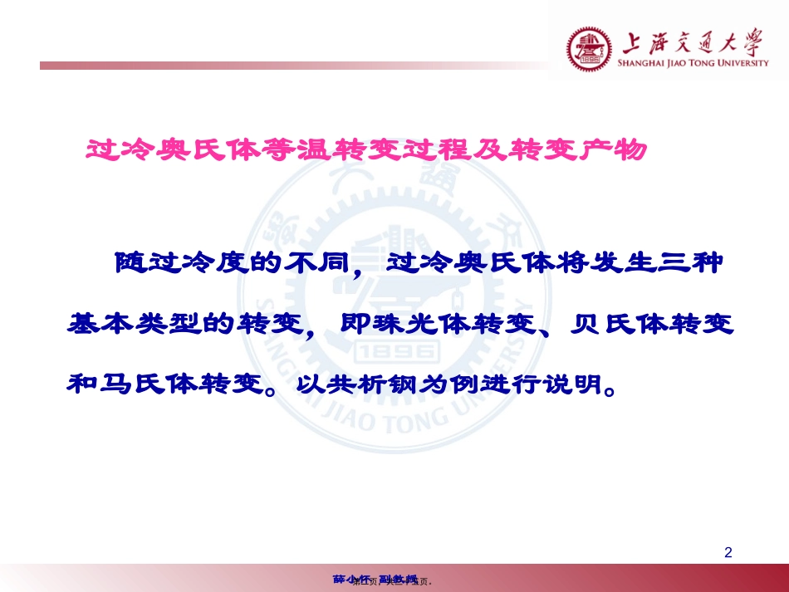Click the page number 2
(728, 552)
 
